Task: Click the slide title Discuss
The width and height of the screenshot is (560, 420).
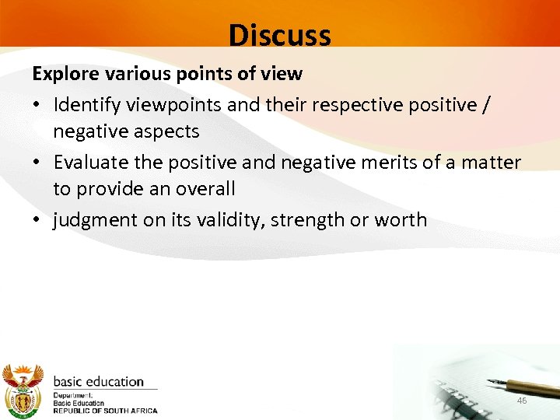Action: (x=279, y=35)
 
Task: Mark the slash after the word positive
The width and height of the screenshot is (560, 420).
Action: (x=485, y=103)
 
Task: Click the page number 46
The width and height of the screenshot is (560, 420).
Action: (x=522, y=400)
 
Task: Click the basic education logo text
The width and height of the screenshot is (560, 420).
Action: (x=98, y=382)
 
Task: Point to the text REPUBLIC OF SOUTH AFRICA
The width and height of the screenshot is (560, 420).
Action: (x=105, y=411)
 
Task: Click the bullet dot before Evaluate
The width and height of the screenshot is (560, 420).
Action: (x=37, y=163)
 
